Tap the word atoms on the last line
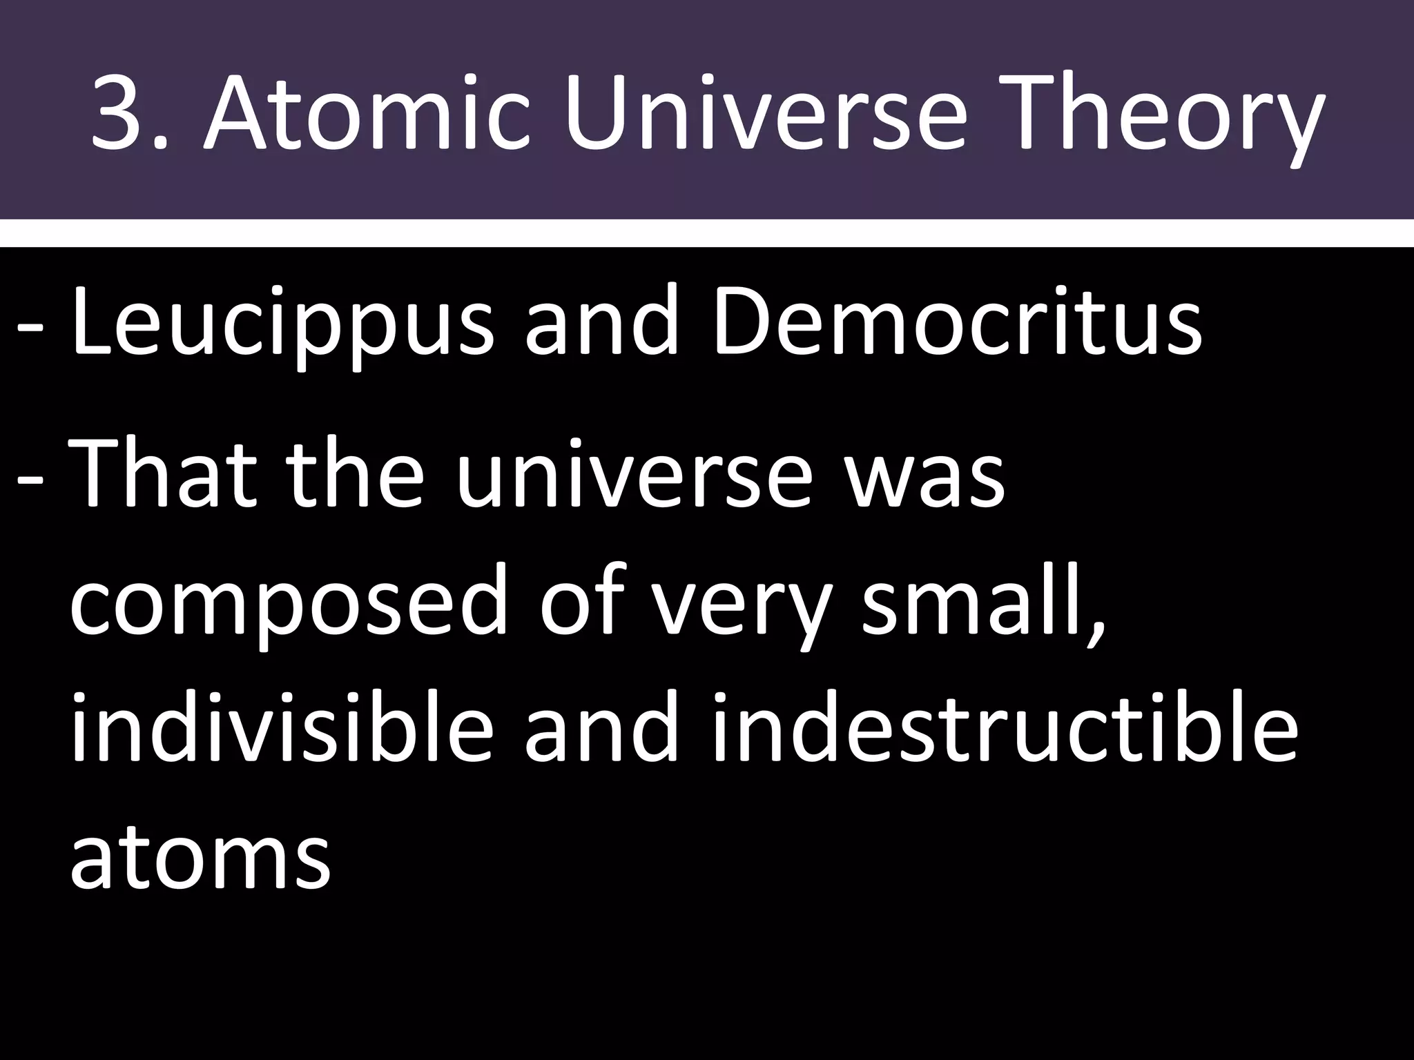(x=200, y=859)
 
